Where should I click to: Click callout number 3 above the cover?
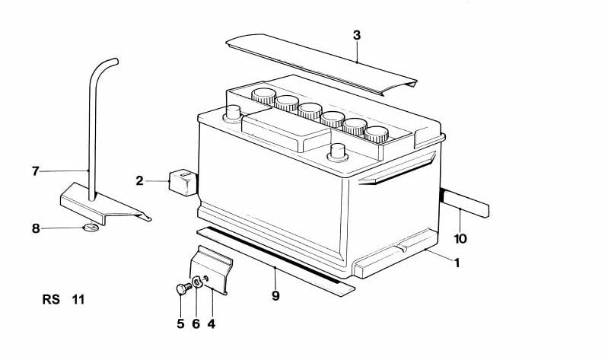357,35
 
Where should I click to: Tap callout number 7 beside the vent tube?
35,171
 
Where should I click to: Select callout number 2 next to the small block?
139,181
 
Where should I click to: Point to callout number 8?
36,229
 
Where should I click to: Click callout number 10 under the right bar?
460,238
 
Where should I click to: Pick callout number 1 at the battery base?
457,263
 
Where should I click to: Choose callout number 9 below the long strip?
275,296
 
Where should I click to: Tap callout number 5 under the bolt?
180,324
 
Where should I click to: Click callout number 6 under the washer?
196,324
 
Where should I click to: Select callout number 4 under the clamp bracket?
211,324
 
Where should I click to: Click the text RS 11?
63,299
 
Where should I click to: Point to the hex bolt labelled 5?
183,288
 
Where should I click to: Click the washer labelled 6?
197,282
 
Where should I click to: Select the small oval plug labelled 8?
91,228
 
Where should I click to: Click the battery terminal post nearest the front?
338,152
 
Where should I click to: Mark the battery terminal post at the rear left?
233,114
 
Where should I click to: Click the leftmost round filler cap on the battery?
264,96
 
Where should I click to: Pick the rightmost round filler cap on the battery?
376,134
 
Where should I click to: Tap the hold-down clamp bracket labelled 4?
211,269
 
